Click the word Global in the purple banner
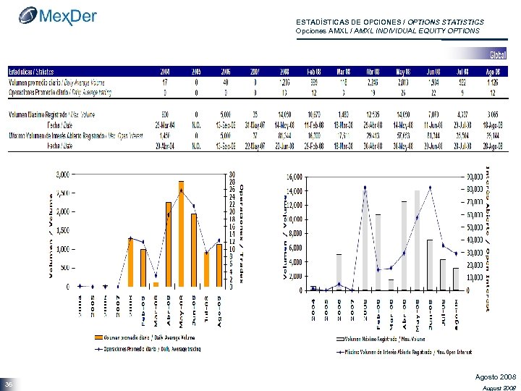[498, 55]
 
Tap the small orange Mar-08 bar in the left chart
[156, 284]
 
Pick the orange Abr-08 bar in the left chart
[169, 244]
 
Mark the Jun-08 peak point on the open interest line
[430, 188]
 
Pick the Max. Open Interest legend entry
[405, 352]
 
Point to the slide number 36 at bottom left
[9, 384]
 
